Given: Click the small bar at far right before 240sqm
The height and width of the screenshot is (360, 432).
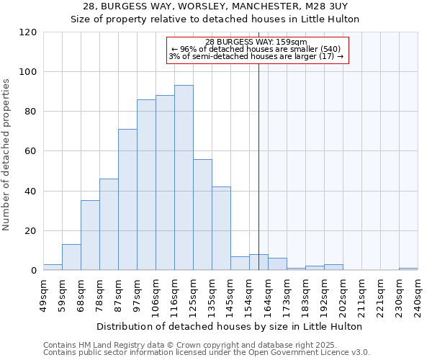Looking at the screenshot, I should point(408,269).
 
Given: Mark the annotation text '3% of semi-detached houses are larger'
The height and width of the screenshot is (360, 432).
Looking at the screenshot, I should point(256,56).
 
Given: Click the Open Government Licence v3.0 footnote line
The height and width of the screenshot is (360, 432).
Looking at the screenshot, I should point(207,352).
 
